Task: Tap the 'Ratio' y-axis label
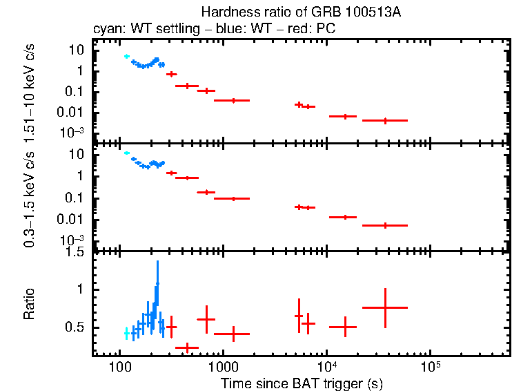30,305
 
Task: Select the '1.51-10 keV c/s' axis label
30,90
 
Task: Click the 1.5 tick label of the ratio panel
75,252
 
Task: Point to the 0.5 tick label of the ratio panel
75,327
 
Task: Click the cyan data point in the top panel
126,57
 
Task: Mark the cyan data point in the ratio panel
126,333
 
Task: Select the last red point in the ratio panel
385,307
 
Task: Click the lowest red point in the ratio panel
187,347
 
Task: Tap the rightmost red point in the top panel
385,120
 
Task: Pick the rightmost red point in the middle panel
385,225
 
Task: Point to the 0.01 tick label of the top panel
72,113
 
